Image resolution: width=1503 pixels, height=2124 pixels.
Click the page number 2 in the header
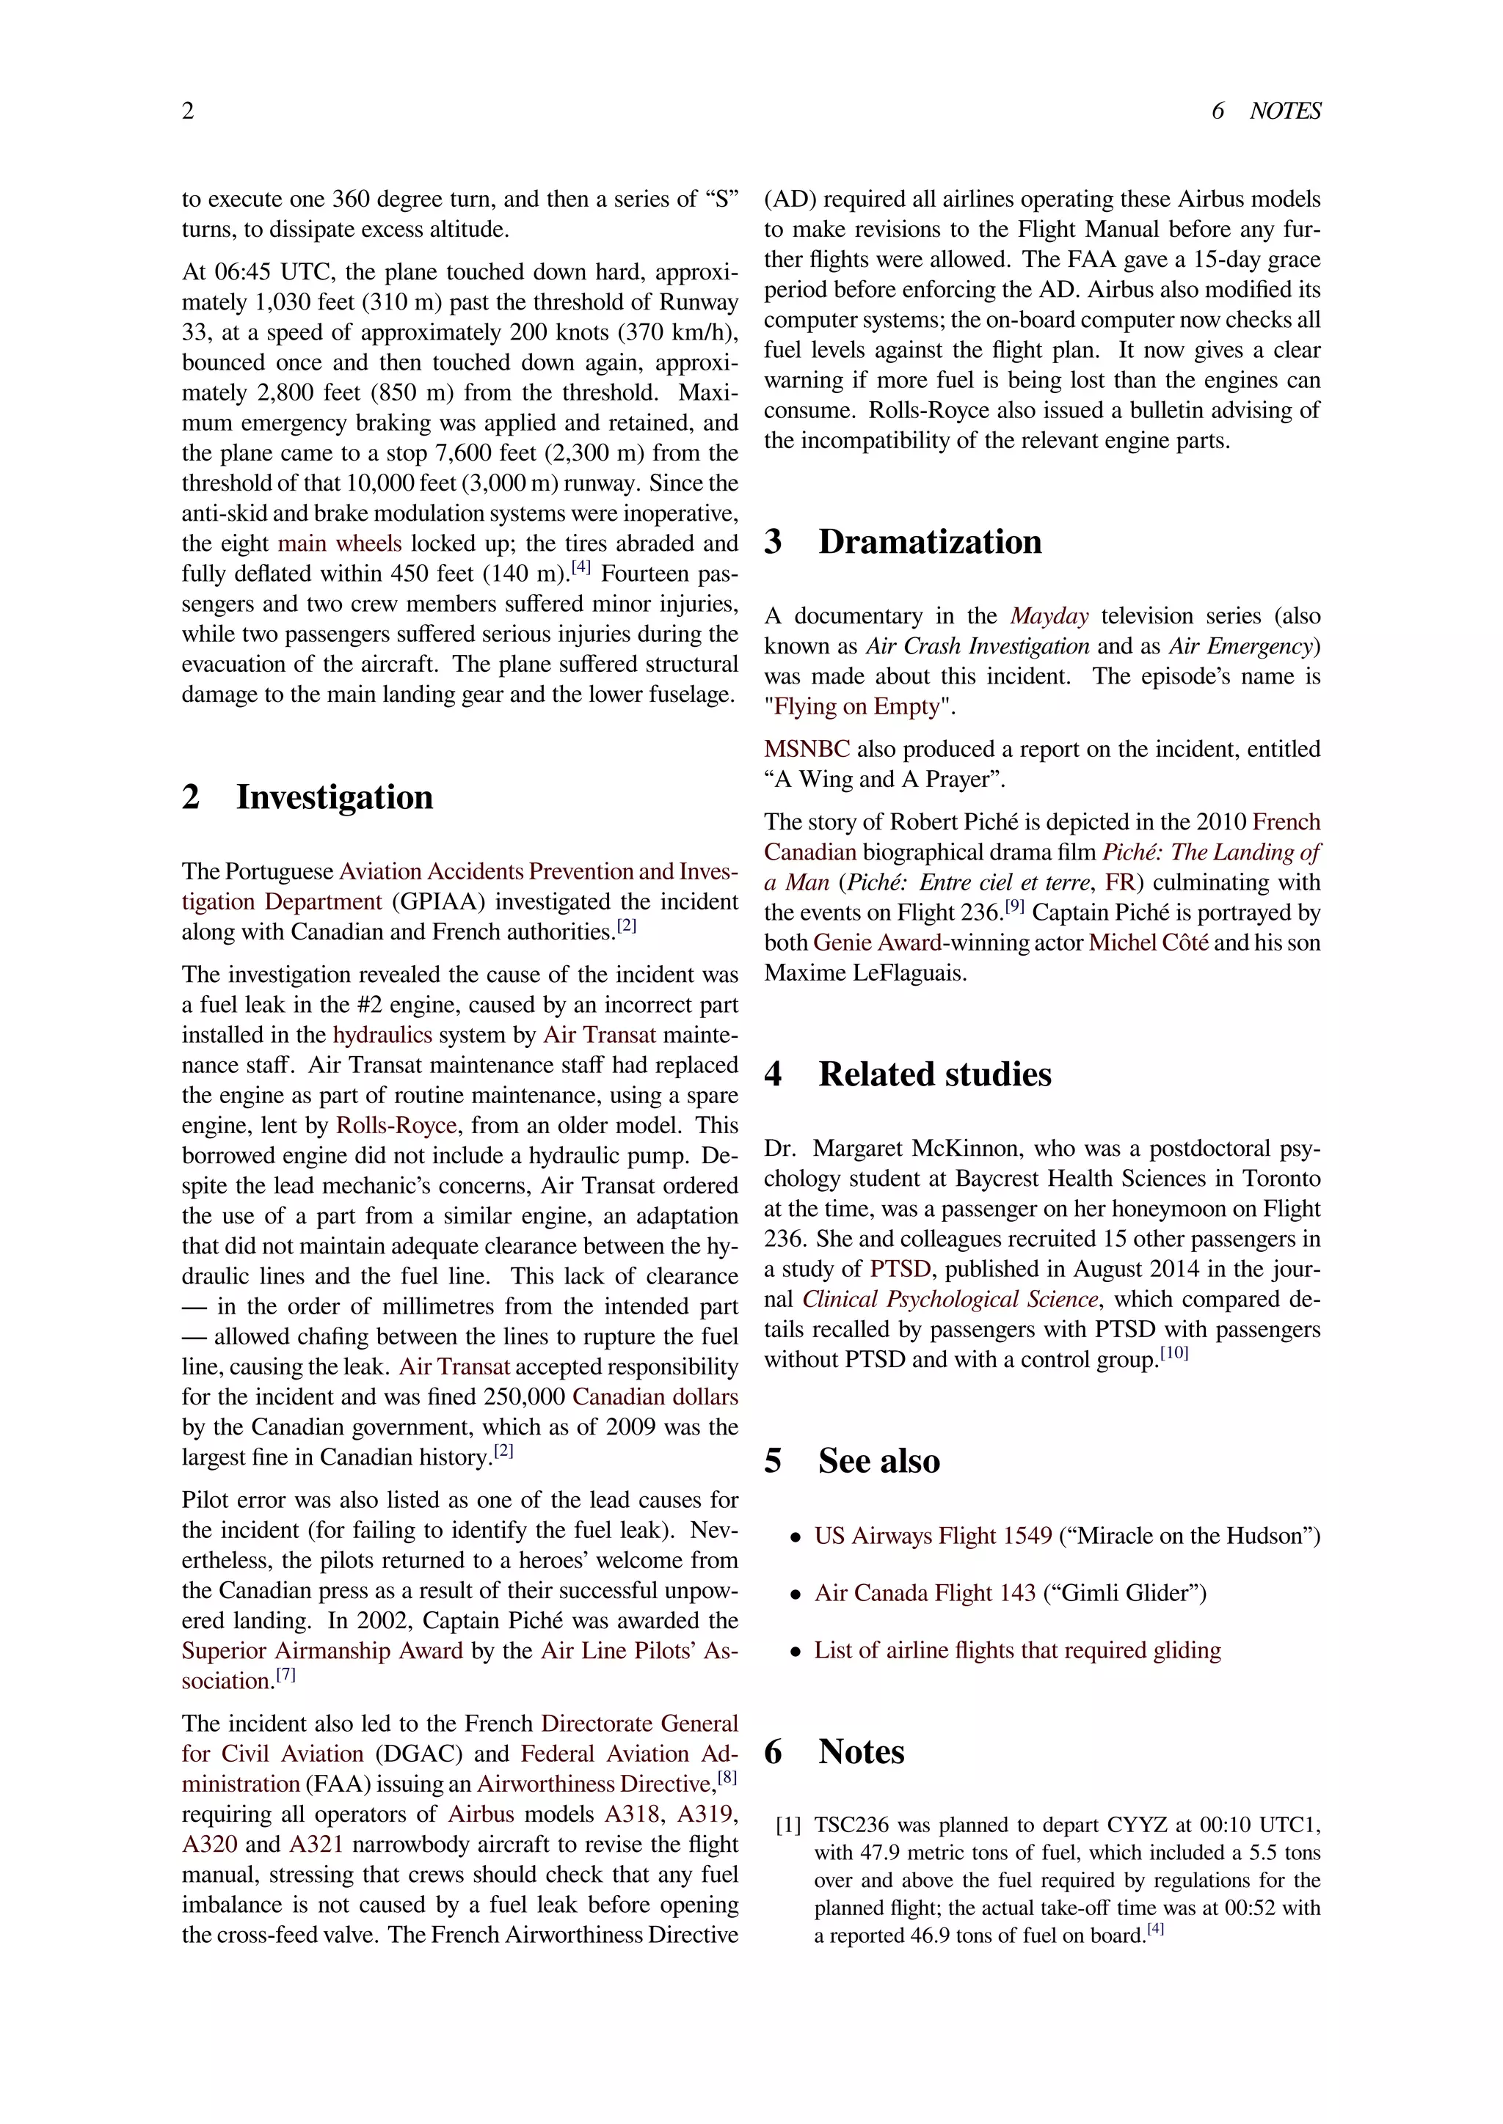(x=188, y=111)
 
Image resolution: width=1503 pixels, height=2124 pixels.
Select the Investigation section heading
(x=334, y=796)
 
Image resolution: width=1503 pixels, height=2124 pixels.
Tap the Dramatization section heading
(x=929, y=541)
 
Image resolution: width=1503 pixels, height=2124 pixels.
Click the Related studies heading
(x=935, y=1074)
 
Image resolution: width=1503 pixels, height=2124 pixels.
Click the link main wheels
(x=340, y=543)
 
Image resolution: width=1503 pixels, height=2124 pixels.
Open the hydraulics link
(x=382, y=1035)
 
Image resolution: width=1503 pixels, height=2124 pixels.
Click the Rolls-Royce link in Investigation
(x=396, y=1126)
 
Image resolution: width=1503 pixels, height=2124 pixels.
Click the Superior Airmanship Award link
(x=322, y=1651)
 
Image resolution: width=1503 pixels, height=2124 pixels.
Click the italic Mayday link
(x=1049, y=616)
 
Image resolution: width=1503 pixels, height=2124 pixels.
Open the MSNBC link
(x=806, y=750)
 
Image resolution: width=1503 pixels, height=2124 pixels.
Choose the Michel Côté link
(x=1148, y=942)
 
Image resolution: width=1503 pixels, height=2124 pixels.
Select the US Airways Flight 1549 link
(x=933, y=1537)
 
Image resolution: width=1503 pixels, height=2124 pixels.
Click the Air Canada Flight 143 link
(x=925, y=1593)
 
